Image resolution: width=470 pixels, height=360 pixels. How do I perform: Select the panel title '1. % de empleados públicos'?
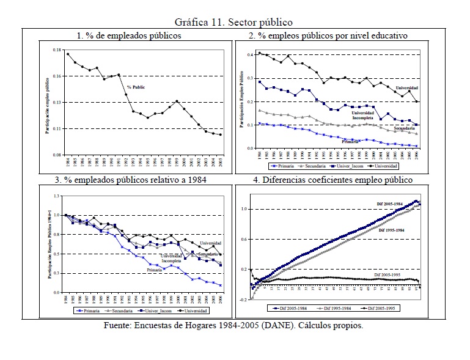[x=129, y=36]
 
